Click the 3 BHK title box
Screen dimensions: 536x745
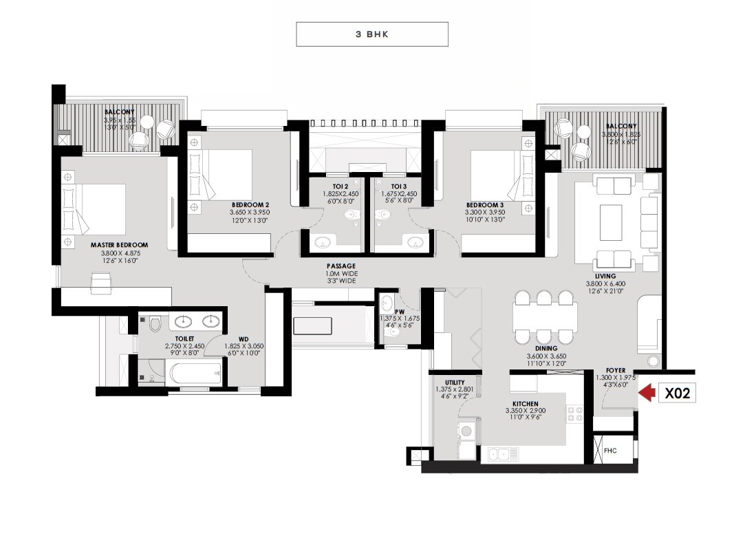372,34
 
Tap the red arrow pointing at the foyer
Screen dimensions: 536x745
646,393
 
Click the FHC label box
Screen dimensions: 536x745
610,451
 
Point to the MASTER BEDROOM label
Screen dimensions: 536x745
119,245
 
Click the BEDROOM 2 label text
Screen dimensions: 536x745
250,205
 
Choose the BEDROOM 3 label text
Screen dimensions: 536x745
485,205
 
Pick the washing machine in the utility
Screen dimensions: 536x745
465,432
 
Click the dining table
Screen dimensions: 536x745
545,317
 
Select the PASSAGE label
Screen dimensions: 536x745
341,266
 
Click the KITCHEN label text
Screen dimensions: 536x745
525,404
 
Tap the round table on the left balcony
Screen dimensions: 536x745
147,122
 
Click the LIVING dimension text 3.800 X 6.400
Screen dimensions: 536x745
605,283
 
